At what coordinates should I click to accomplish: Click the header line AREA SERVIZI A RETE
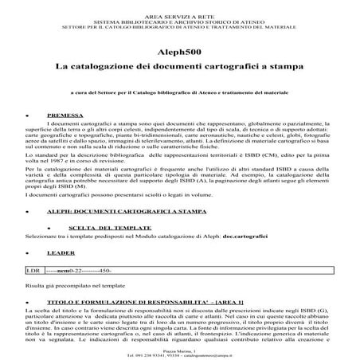coord(179,4)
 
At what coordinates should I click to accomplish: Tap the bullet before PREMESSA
coord(29,115)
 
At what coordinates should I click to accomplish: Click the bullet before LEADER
coord(29,254)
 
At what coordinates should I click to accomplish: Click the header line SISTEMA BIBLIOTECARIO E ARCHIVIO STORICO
coord(179,11)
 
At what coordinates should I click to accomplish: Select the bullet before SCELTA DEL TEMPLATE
coord(51,230)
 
